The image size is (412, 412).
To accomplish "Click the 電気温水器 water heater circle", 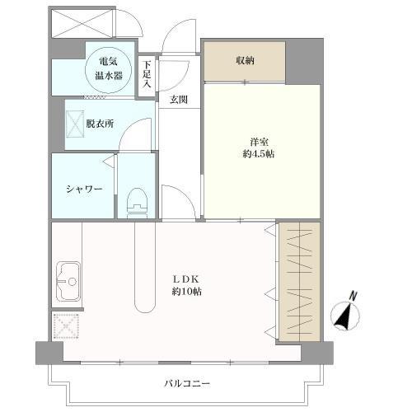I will coord(108,67).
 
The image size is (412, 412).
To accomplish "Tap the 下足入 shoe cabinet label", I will coord(146,73).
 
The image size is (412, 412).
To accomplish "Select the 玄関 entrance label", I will coord(179,100).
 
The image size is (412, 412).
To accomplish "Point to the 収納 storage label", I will coord(244,61).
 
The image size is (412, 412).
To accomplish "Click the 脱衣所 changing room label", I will coord(99,124).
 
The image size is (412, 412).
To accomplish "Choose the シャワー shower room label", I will coord(84,189).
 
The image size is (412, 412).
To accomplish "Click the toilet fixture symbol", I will coord(138,200).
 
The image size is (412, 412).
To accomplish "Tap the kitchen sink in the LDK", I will coord(68,282).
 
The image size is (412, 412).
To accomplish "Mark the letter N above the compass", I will coord(353,295).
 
